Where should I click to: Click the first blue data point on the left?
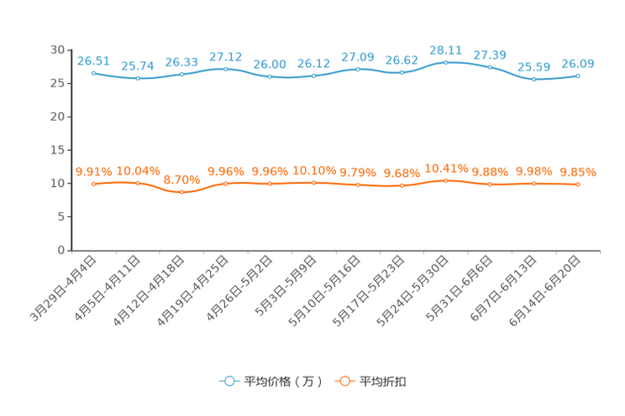coord(93,73)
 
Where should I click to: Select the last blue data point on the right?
coord(578,75)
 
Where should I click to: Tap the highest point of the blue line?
coord(445,61)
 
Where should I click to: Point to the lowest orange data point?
coord(181,192)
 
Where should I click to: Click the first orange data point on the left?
coord(93,184)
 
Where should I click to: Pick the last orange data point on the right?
coord(578,185)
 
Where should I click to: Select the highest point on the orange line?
coord(445,180)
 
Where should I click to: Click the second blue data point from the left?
coord(137,78)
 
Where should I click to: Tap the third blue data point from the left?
coord(181,74)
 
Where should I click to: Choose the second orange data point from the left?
coord(137,183)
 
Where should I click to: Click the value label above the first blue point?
coord(92,60)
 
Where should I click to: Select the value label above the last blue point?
coord(578,64)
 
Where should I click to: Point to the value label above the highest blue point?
coord(445,49)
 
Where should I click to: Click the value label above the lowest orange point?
coord(181,179)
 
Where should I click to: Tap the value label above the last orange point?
coord(578,173)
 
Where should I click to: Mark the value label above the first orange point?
coord(93,172)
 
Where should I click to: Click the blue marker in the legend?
coord(228,381)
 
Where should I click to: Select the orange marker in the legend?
coord(344,381)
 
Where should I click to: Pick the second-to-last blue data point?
coord(533,80)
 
